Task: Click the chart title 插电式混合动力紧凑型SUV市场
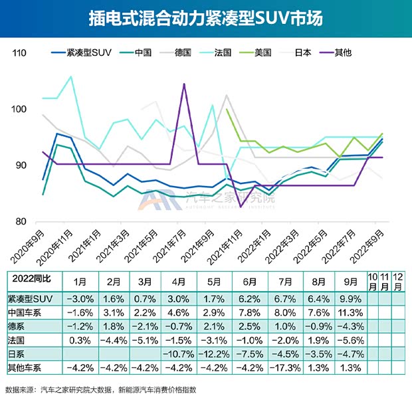tap(205, 18)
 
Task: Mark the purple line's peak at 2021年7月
tap(183, 84)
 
